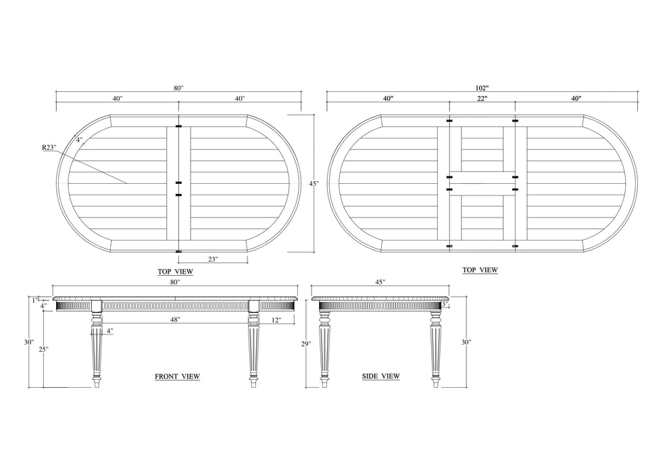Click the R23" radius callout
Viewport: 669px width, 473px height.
coord(48,147)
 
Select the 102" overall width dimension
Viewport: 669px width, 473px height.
coord(482,88)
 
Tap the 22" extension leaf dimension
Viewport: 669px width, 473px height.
coord(482,99)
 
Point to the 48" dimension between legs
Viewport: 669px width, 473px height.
coord(175,320)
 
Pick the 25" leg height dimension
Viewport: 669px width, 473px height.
coord(43,349)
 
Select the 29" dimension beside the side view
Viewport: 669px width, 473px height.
coord(305,344)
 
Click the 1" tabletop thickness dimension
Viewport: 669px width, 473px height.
coord(34,299)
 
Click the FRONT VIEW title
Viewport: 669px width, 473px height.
coord(177,376)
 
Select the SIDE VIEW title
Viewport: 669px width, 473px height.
coord(381,376)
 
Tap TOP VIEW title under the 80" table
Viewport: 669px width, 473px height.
coord(176,272)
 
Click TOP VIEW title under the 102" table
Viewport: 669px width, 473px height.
coord(480,270)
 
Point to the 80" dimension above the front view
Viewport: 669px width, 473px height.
coord(175,282)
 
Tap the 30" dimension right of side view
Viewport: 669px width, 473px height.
coord(466,343)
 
